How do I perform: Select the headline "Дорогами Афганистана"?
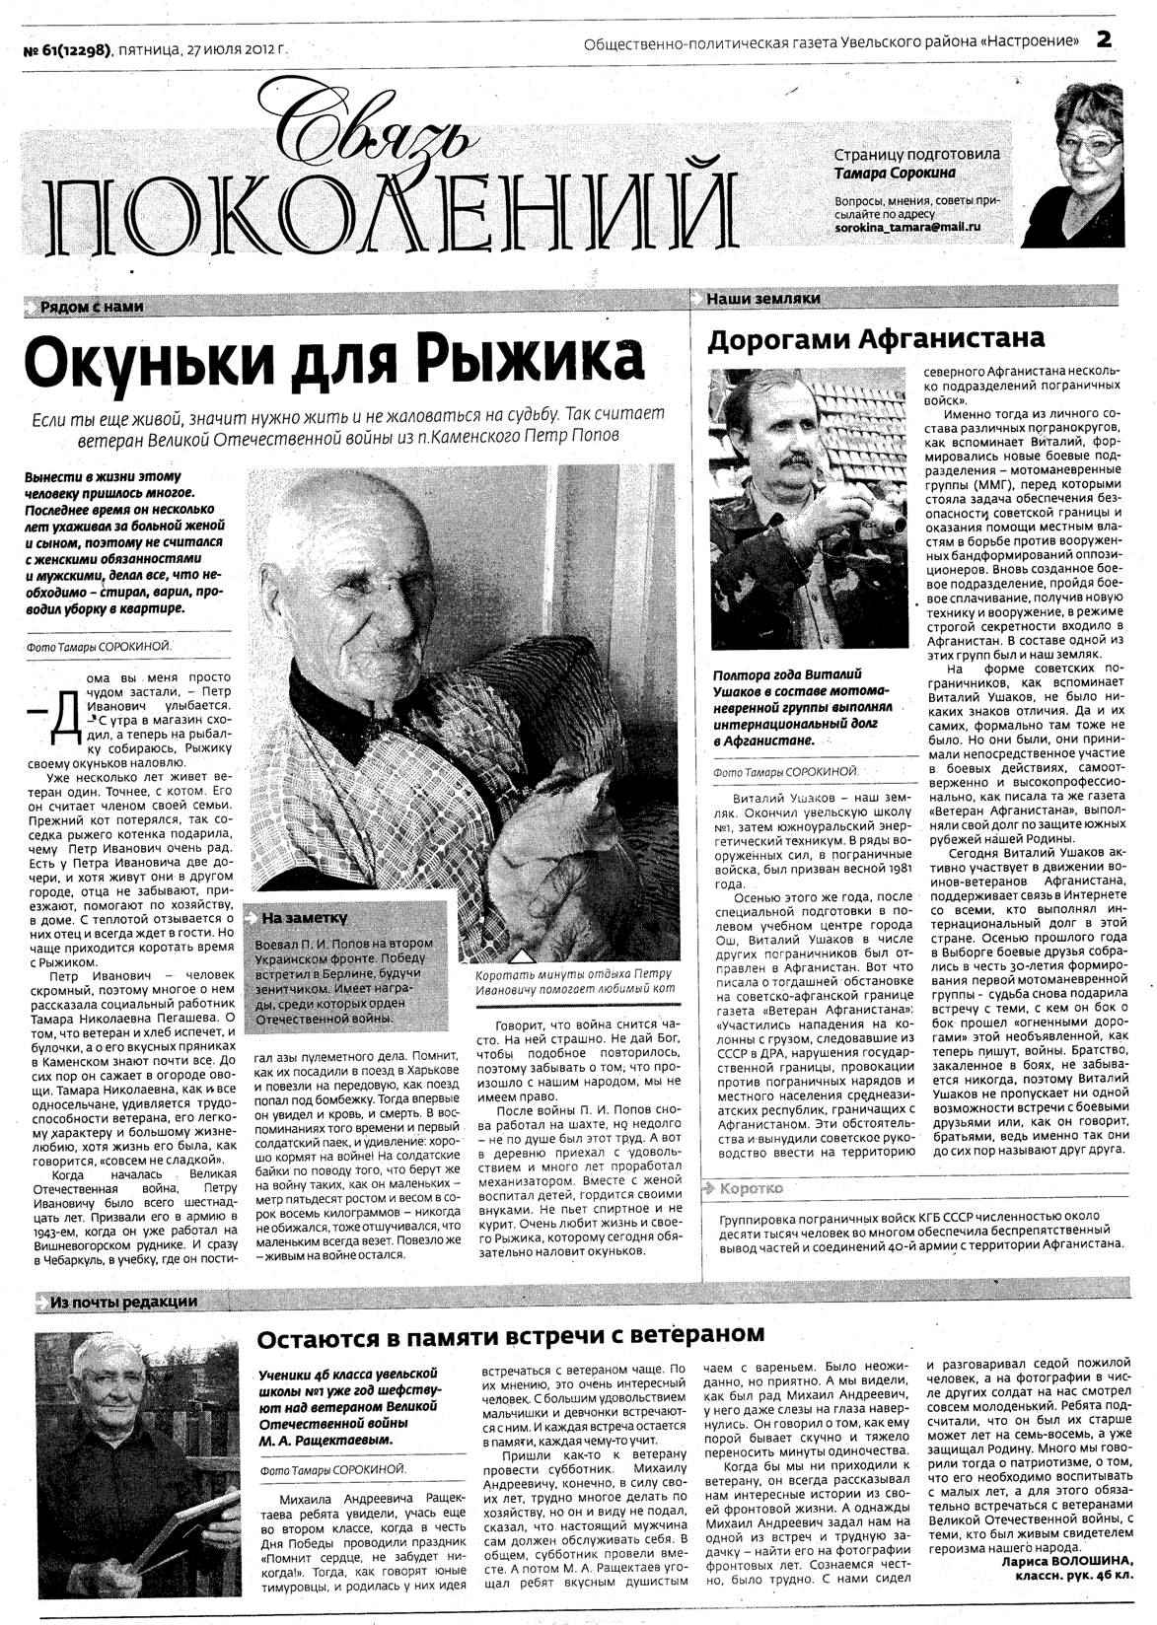876,338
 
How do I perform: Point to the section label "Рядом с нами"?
92,307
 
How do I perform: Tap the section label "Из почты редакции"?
122,1302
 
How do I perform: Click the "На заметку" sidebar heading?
305,918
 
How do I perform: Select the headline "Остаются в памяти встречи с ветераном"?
510,1335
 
